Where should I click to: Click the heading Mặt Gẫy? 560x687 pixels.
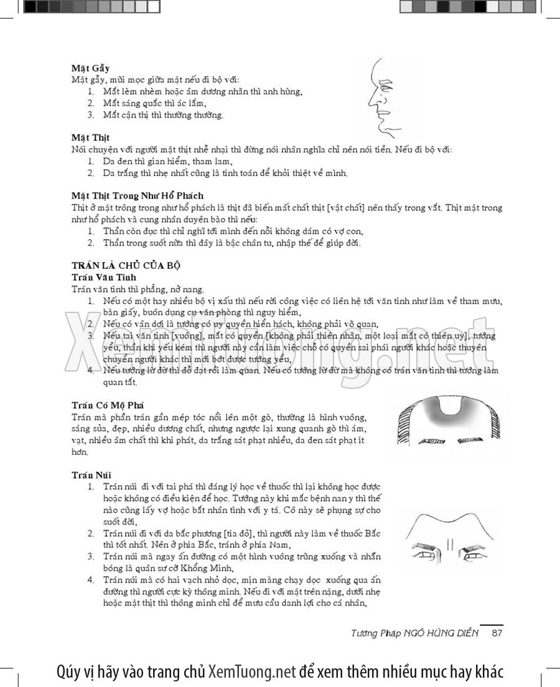[x=91, y=68]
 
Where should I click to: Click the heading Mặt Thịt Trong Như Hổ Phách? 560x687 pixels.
[x=138, y=195]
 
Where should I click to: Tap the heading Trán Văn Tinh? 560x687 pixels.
[x=104, y=277]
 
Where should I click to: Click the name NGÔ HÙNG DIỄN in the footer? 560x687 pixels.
[x=446, y=633]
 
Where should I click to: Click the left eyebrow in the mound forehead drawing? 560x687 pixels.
[x=431, y=442]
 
